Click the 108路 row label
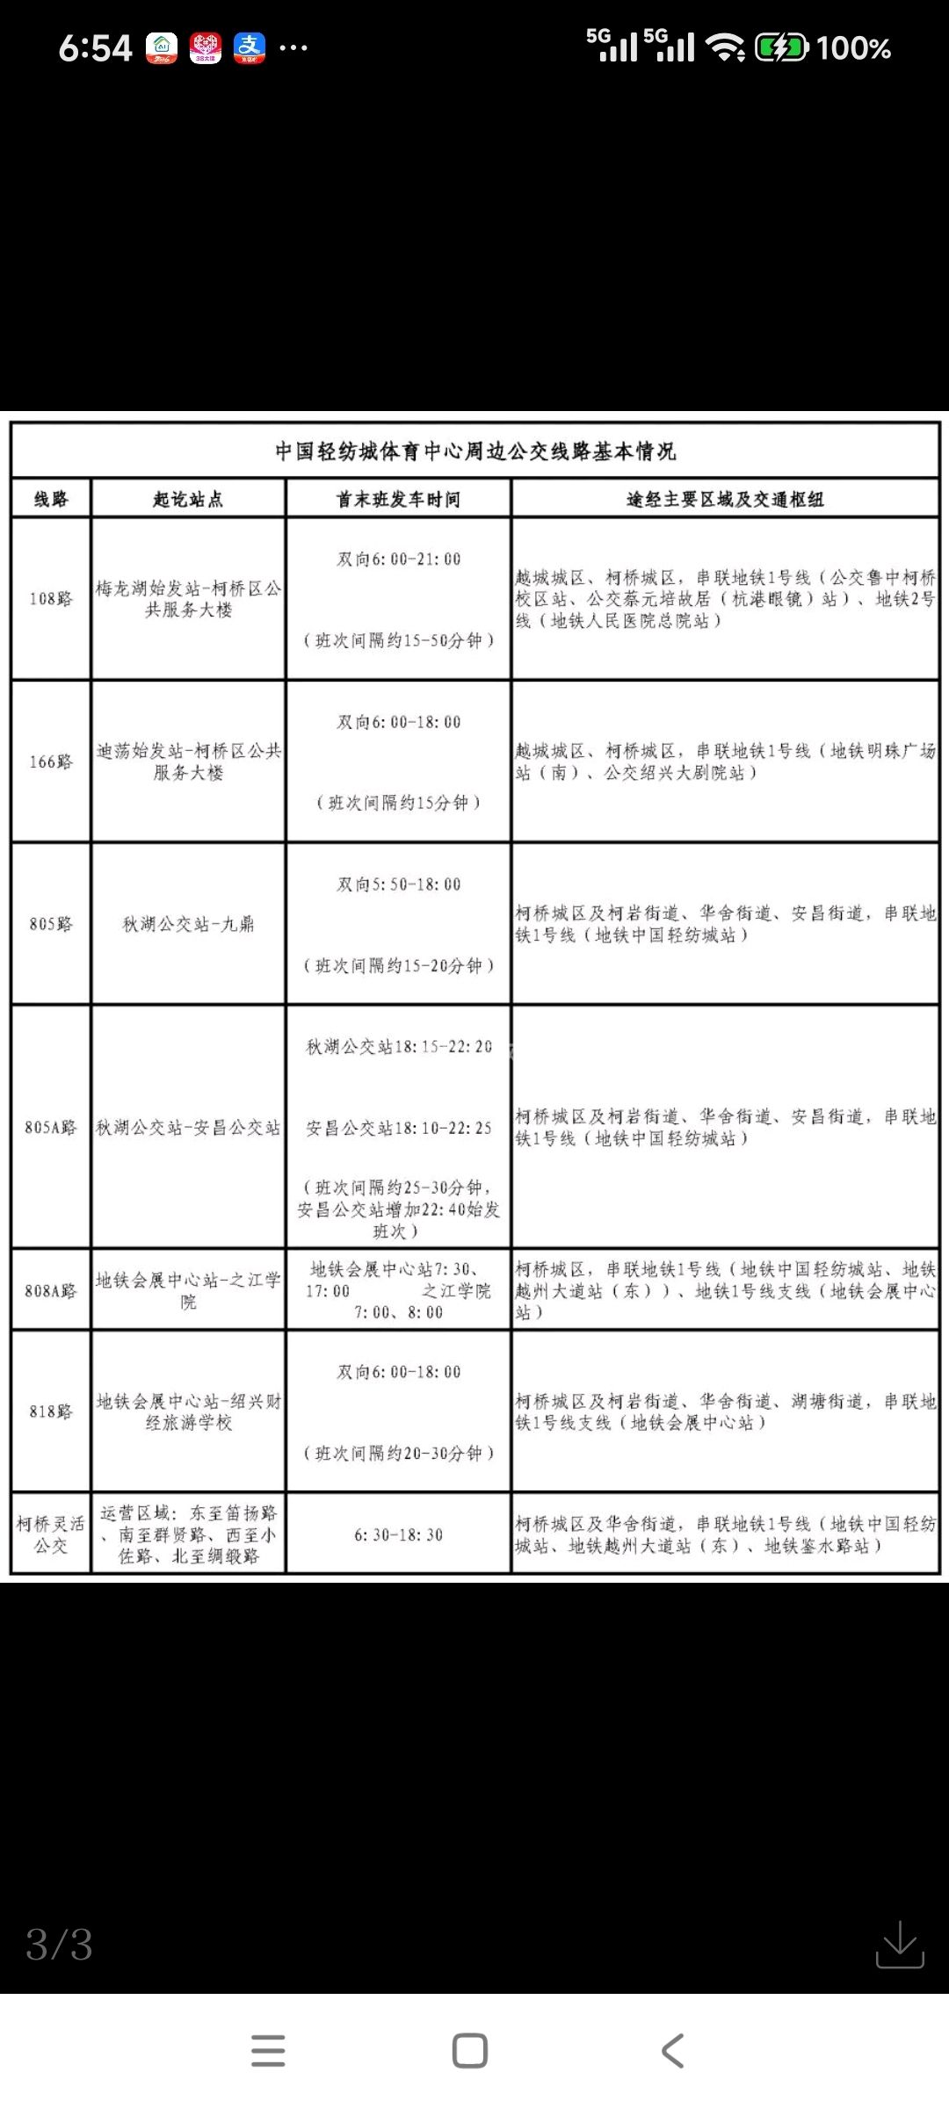click(x=51, y=599)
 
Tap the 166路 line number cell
click(x=51, y=762)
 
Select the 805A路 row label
click(x=51, y=1127)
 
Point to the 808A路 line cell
click(x=51, y=1290)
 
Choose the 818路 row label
click(x=51, y=1411)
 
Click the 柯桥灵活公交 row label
click(x=51, y=1534)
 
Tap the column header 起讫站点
click(x=188, y=499)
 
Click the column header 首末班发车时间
click(x=398, y=499)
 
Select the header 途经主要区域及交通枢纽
click(x=725, y=499)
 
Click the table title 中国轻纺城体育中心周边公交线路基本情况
click(x=475, y=451)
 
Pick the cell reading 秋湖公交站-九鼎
click(x=188, y=924)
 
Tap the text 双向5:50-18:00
click(x=398, y=884)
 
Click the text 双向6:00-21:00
click(x=398, y=559)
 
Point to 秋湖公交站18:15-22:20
click(x=398, y=1047)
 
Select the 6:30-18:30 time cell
click(x=398, y=1534)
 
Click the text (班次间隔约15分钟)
click(x=398, y=802)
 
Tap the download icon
click(x=900, y=1944)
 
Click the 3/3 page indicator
click(x=59, y=1945)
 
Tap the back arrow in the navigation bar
click(x=672, y=2051)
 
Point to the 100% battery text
click(x=853, y=48)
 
